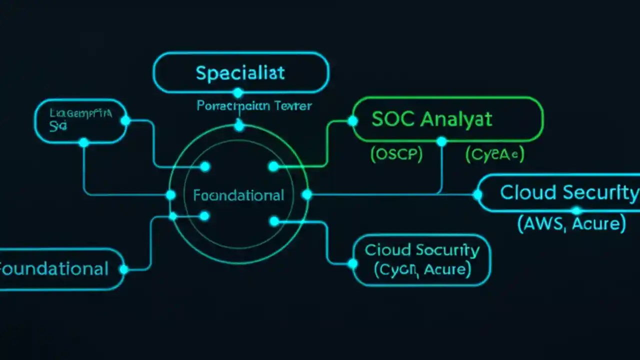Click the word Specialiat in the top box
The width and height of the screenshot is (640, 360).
point(240,73)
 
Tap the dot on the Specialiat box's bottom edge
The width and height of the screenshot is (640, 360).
point(238,93)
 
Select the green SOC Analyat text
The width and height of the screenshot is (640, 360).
point(432,119)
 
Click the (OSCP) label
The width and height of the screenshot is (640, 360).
point(396,155)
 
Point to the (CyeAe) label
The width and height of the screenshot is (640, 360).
point(494,155)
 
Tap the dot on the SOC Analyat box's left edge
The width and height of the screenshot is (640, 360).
point(353,120)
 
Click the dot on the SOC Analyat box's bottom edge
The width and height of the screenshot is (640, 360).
point(441,142)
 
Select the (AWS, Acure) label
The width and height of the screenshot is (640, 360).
point(571,224)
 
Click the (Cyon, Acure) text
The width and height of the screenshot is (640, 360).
point(422,270)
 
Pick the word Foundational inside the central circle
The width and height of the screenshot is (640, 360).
point(238,195)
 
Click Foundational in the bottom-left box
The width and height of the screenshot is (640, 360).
point(53,269)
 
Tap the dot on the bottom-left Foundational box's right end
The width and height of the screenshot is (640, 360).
point(124,269)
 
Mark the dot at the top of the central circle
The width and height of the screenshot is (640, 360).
point(239,126)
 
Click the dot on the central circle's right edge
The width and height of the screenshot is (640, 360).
point(307,194)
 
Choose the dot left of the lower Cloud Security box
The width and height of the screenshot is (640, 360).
point(353,263)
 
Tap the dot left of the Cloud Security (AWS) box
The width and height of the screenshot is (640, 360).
point(478,194)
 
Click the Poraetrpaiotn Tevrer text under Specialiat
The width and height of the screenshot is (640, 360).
point(254,106)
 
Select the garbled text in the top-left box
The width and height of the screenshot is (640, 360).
point(80,119)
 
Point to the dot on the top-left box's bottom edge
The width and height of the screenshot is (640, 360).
point(84,143)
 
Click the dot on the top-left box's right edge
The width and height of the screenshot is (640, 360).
point(125,120)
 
